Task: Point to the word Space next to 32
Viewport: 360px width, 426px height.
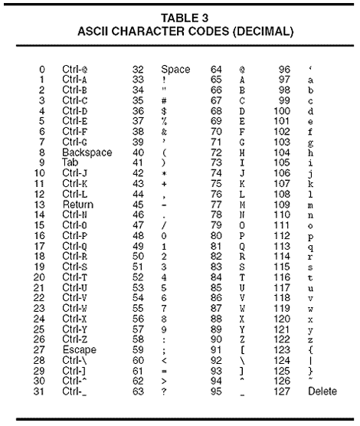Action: (175, 70)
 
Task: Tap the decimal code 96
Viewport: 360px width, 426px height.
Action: (285, 70)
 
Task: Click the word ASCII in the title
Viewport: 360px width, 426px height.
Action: (129, 33)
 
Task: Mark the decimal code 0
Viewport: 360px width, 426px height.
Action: (41, 70)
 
